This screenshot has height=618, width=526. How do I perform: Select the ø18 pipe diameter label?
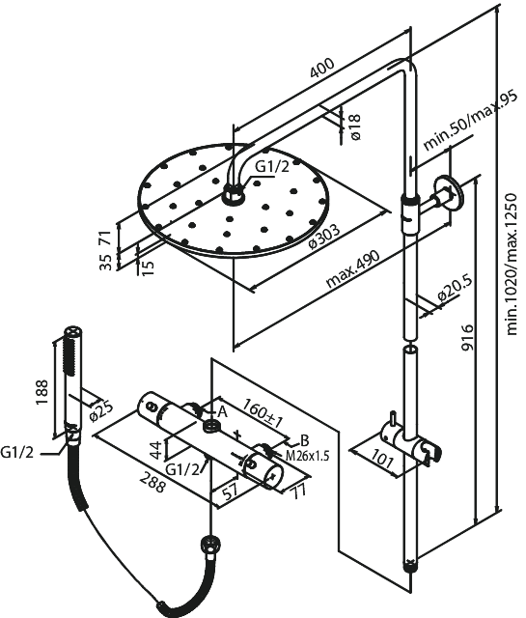tap(355, 126)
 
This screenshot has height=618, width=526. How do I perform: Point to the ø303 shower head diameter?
tap(324, 237)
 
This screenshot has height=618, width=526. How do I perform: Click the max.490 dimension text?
tap(353, 268)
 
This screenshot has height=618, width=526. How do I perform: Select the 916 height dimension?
tap(467, 337)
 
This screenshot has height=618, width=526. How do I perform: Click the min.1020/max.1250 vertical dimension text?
tap(511, 264)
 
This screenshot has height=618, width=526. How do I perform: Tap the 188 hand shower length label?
tap(42, 392)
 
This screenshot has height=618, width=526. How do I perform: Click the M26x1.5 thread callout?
tap(307, 456)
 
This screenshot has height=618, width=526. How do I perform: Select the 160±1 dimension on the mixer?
tap(263, 412)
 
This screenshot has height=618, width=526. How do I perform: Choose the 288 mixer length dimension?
tap(152, 481)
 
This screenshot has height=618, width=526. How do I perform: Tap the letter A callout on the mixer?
tap(223, 412)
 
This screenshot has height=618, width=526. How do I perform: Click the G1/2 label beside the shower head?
tap(272, 167)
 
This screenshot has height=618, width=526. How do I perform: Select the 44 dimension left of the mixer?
tap(156, 451)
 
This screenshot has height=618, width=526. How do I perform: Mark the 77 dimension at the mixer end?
tap(298, 492)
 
